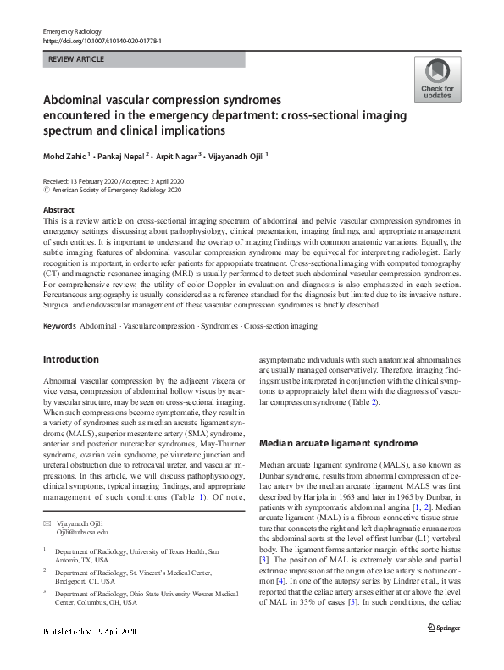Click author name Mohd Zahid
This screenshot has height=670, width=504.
coord(66,156)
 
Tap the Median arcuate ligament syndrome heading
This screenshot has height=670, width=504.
coord(326,442)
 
